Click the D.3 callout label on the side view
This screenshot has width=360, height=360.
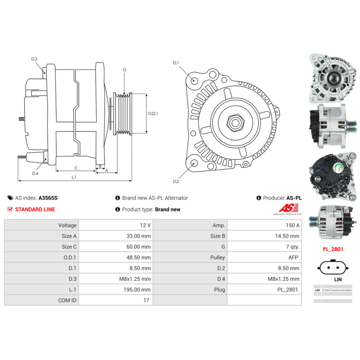coord(34,59)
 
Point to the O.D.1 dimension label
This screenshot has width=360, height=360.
coord(153,113)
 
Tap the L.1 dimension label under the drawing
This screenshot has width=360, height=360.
coord(74,177)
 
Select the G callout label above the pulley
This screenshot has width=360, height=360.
coord(124,69)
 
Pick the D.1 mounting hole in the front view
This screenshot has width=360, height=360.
coord(194,80)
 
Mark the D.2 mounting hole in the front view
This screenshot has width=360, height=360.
coord(194,164)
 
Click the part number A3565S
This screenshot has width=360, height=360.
coord(48,198)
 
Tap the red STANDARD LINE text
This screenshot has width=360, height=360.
coord(35,209)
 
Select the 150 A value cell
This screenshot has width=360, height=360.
coord(292,225)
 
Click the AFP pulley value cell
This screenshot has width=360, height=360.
coord(293,257)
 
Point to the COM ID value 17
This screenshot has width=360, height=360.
coord(146,300)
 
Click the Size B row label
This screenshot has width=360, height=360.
coord(218,236)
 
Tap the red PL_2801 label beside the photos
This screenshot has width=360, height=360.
coord(332,249)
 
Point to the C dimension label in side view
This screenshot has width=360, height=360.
coord(76,168)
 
